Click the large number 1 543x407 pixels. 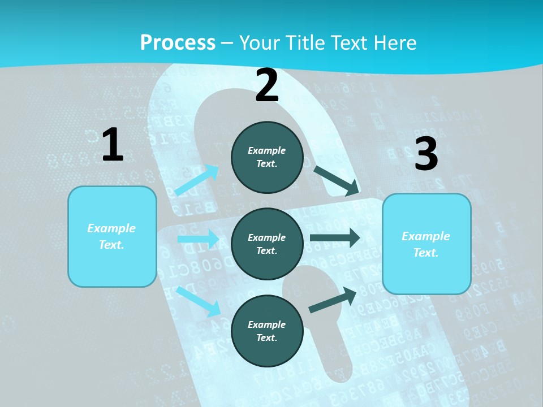click(113, 145)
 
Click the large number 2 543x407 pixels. click(267, 85)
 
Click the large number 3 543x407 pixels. click(426, 154)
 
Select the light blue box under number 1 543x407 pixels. click(112, 236)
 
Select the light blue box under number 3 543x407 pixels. click(426, 244)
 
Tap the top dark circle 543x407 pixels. click(267, 157)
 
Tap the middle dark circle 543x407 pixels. click(267, 244)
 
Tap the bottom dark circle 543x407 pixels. click(267, 331)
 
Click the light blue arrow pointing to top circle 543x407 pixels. click(197, 180)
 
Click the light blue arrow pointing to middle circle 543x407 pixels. click(198, 239)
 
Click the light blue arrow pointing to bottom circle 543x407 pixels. click(199, 301)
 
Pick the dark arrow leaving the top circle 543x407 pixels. click(336, 180)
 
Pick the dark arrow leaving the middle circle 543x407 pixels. click(335, 238)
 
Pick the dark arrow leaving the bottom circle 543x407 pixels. click(333, 300)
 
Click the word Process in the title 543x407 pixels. click(178, 42)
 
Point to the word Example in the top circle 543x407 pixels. click(267, 150)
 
